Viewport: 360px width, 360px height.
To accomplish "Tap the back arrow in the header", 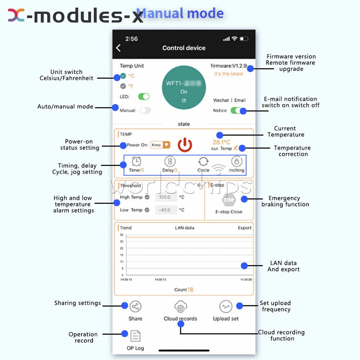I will coord(118,48).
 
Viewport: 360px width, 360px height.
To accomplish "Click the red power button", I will coord(185,145).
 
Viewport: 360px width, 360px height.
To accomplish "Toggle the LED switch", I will coord(144,96).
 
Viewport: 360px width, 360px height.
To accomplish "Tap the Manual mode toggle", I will coord(145,111).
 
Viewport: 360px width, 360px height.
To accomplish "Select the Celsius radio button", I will coord(123,76).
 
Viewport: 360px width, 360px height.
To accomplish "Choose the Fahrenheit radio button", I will coord(123,86).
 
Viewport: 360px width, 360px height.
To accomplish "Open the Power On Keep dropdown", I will coord(161,145).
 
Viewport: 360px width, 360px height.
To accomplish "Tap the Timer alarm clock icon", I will coord(136,161).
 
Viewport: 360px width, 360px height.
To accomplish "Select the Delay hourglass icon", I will coord(170,161).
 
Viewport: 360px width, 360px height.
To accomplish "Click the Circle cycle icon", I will coord(203,161).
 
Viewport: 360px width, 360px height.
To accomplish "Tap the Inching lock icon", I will coord(237,161).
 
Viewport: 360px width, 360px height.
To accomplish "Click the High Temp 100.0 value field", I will coord(166,197).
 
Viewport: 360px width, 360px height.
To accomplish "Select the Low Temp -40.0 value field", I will coord(166,210).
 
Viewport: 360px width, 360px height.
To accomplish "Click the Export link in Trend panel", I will coord(244,228).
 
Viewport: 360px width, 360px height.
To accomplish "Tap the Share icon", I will coord(135,307).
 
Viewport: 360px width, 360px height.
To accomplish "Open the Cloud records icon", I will coord(180,307).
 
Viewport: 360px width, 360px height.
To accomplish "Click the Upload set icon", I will coord(226,307).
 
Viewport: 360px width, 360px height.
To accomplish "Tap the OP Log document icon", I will coord(135,336).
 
